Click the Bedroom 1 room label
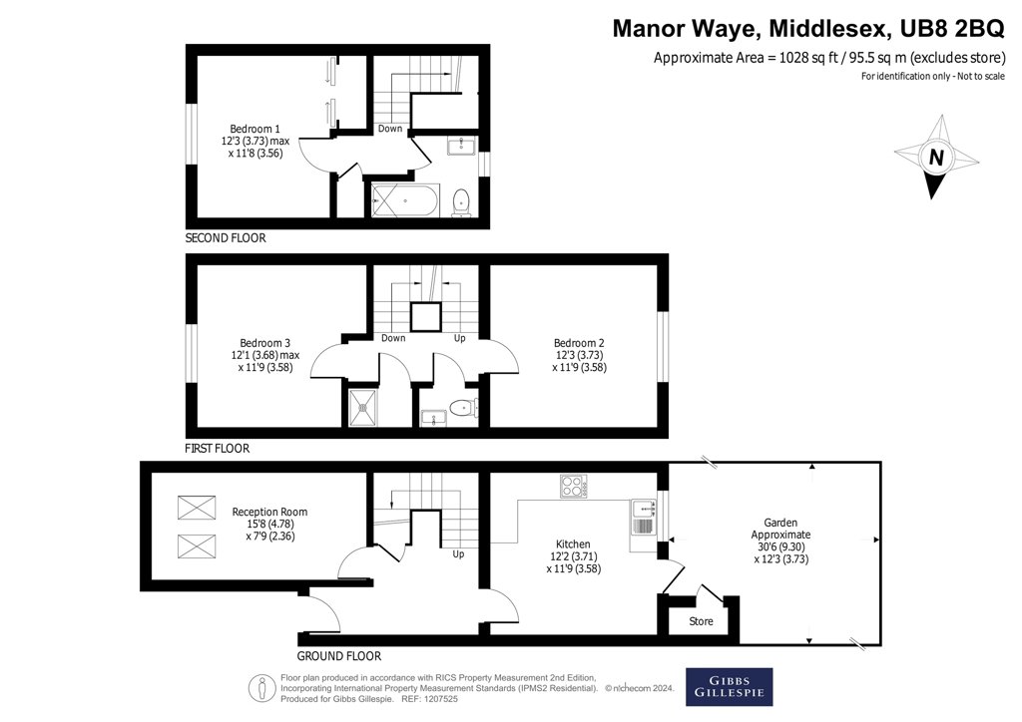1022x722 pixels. [x=255, y=129]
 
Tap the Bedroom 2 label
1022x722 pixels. [x=579, y=343]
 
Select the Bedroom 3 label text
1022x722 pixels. [x=265, y=343]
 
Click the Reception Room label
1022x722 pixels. [x=269, y=512]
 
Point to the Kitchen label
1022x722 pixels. [x=573, y=544]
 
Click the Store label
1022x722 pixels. [x=701, y=621]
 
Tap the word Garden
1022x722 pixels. [x=780, y=523]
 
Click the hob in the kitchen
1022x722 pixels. [x=573, y=486]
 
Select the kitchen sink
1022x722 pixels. [x=643, y=518]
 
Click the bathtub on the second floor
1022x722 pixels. [x=405, y=200]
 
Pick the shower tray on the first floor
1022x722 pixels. [x=363, y=408]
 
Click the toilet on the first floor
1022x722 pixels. [x=463, y=408]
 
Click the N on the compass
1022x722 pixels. [x=936, y=157]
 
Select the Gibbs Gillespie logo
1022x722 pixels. [x=729, y=687]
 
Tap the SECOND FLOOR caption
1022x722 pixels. [x=226, y=238]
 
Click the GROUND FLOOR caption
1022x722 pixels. [x=339, y=656]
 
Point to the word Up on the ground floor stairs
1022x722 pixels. [x=458, y=554]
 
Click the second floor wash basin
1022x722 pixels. [x=461, y=146]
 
